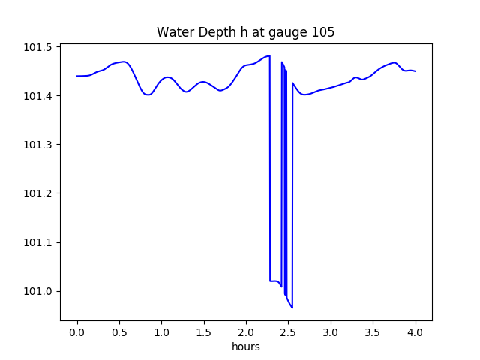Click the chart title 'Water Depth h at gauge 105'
[245, 32]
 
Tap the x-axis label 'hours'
[245, 346]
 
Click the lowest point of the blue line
[292, 307]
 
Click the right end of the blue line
[415, 71]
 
